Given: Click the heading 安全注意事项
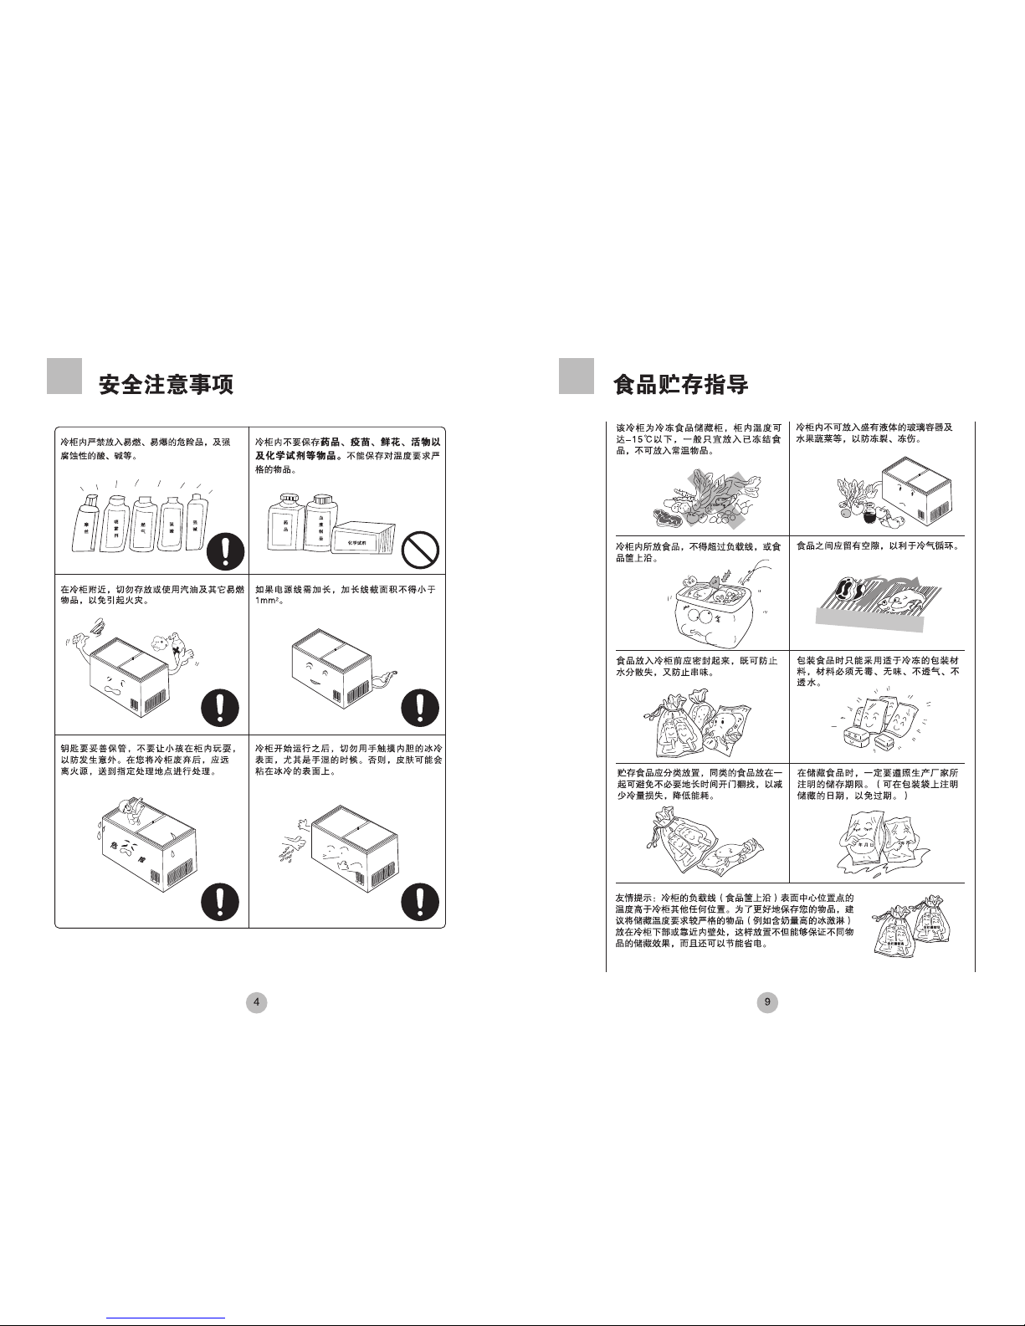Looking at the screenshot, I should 166,384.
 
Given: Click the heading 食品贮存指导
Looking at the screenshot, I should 680,384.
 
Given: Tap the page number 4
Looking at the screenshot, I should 256,1002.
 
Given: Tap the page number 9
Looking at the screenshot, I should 767,1002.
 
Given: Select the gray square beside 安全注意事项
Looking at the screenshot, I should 64,376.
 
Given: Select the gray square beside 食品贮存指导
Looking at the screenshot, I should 576,376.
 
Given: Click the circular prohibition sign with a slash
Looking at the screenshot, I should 420,550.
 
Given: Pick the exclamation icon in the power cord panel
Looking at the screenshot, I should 420,709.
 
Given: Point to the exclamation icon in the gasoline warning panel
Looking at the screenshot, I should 220,709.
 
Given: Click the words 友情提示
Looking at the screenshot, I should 633,896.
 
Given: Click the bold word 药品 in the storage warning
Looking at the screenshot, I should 333,441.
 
